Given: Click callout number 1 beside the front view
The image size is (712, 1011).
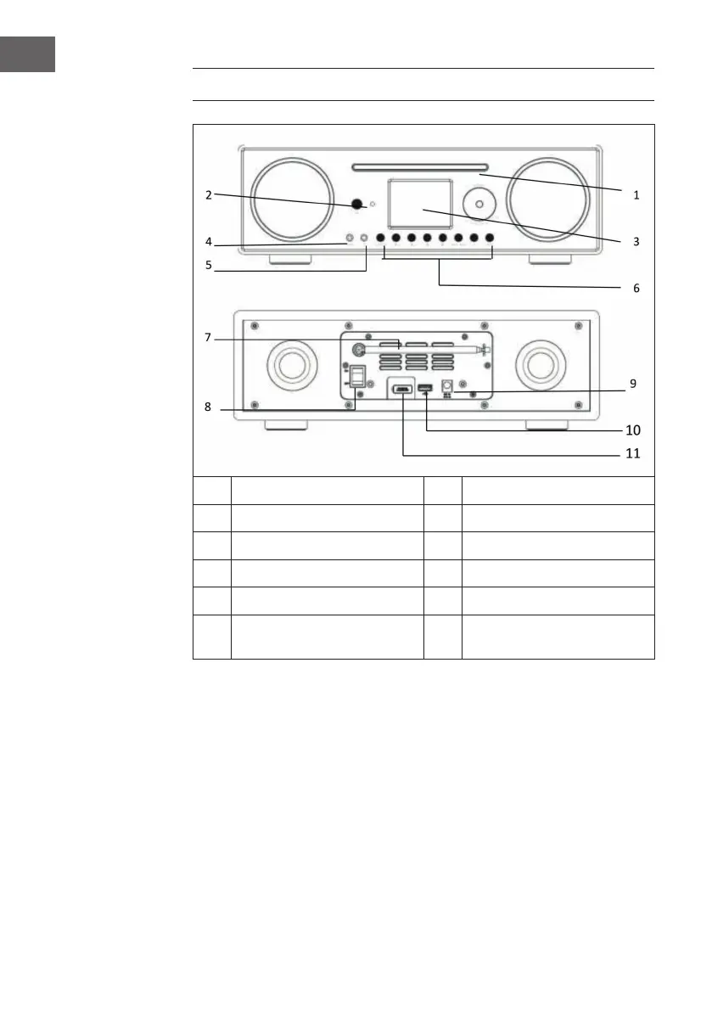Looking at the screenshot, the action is [x=635, y=194].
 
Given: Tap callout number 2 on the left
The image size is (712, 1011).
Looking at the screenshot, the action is [x=208, y=194].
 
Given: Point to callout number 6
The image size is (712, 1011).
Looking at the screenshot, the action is [x=636, y=288].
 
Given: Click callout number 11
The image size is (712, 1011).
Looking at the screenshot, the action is [x=631, y=453].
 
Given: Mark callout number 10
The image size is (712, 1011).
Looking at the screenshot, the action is [x=632, y=430].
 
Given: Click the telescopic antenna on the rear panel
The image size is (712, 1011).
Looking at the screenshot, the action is [x=424, y=349].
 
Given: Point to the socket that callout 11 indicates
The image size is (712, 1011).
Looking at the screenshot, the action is [x=401, y=390].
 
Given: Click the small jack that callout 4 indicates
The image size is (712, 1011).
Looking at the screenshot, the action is [x=349, y=239].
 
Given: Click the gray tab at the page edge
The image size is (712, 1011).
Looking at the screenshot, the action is [x=27, y=53].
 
